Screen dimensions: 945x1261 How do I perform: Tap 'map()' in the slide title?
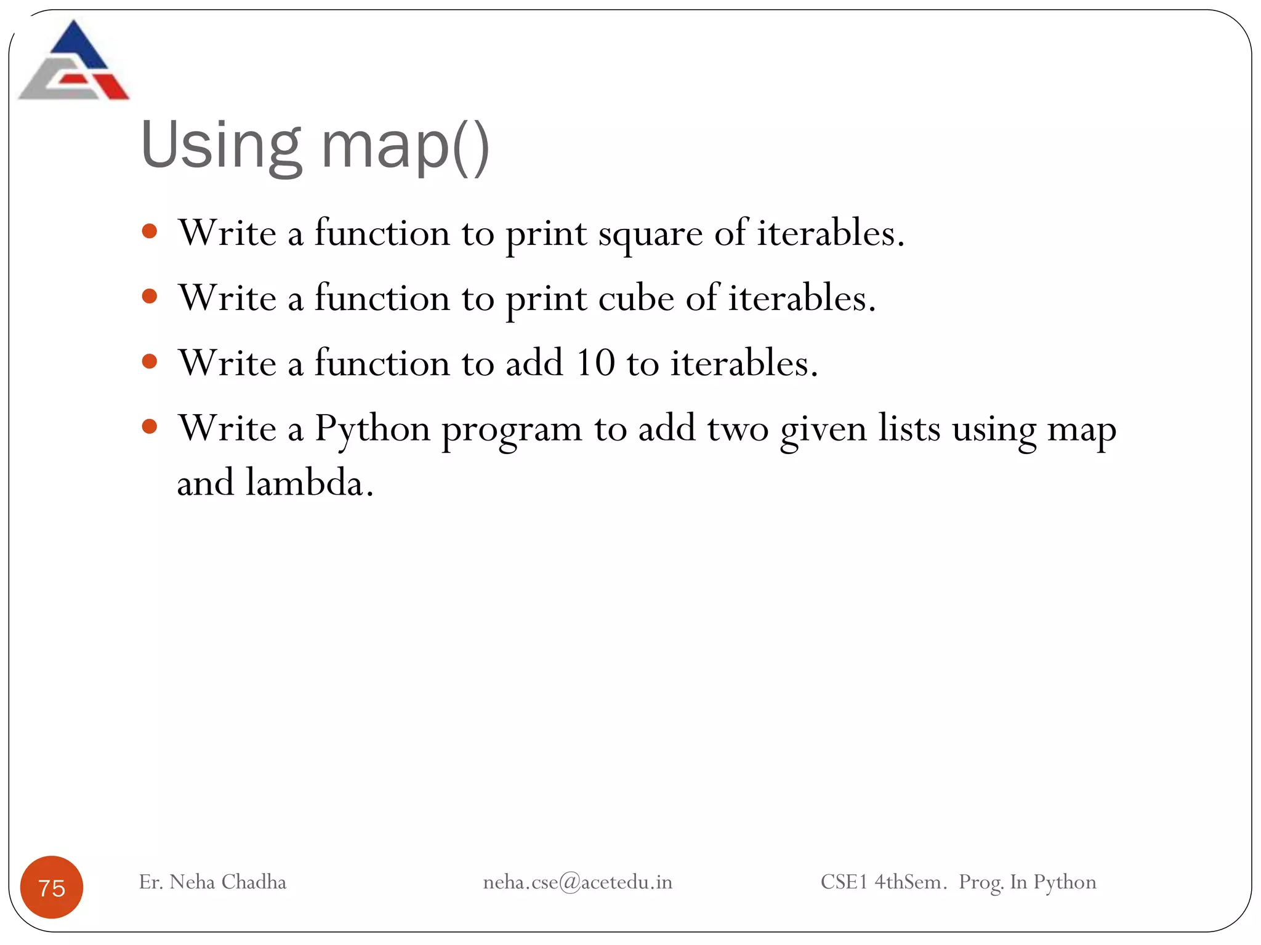(x=405, y=146)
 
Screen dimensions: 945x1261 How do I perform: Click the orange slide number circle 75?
(x=52, y=887)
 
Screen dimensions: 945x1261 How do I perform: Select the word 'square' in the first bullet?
(x=650, y=234)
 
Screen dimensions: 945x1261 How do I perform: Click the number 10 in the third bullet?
(x=595, y=362)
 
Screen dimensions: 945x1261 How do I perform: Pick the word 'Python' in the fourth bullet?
(x=373, y=429)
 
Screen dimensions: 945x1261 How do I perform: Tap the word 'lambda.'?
(x=310, y=482)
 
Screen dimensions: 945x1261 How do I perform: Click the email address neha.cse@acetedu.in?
(x=578, y=882)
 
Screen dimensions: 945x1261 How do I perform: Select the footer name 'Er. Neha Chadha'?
(x=212, y=882)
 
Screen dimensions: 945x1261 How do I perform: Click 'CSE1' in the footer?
(x=844, y=882)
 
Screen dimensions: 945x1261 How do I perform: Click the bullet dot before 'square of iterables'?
(x=150, y=232)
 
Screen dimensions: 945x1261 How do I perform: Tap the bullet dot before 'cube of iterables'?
(x=150, y=297)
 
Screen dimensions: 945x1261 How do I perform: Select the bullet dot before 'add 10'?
(x=150, y=361)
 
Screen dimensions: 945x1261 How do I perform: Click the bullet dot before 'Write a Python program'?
(x=150, y=426)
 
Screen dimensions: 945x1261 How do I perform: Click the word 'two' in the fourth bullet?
(x=738, y=429)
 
